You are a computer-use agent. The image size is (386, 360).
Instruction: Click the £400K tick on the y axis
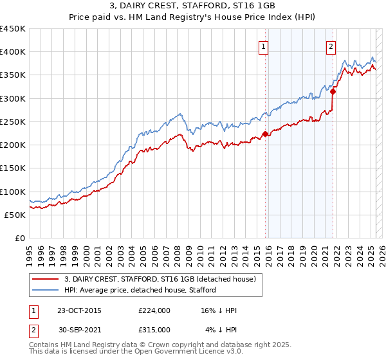click(x=12, y=52)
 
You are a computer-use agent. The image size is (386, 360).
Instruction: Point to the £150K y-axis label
click(x=12, y=168)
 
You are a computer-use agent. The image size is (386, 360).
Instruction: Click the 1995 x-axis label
click(x=29, y=251)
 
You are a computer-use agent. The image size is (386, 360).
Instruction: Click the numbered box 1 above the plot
click(x=264, y=46)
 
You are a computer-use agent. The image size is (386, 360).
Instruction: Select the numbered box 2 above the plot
click(x=331, y=46)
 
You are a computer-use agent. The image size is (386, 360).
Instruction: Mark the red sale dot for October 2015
click(x=265, y=134)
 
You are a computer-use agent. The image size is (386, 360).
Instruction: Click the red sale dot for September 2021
click(x=333, y=92)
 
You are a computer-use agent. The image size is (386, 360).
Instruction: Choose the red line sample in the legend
click(x=46, y=279)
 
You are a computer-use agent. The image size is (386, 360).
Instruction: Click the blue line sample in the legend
click(x=46, y=290)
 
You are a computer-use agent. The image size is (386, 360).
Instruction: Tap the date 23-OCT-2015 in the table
click(x=79, y=310)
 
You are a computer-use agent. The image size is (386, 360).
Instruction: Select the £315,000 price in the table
click(x=154, y=329)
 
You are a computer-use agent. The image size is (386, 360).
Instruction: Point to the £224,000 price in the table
click(x=154, y=310)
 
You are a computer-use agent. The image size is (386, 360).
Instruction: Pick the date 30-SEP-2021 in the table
click(x=79, y=329)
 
